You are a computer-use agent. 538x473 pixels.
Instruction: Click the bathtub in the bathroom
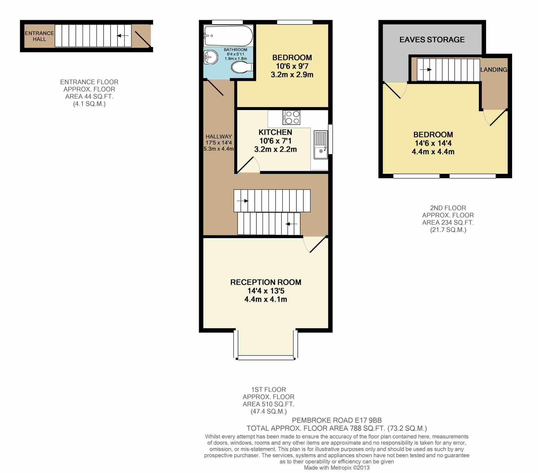click(x=228, y=36)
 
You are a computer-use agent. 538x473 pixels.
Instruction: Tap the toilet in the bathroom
click(x=242, y=67)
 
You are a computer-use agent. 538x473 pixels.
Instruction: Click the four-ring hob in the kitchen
click(x=291, y=118)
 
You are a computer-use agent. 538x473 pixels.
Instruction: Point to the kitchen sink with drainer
click(x=321, y=145)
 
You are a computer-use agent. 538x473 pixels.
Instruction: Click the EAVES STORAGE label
click(x=432, y=40)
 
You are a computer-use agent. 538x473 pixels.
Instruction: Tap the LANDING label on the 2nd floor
click(x=494, y=70)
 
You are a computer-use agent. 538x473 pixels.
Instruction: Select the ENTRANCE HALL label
click(x=40, y=36)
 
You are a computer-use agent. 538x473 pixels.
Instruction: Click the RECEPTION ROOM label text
click(x=266, y=282)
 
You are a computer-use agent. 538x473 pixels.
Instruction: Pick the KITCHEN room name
click(x=275, y=132)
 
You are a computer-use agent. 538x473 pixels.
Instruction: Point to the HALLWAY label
click(x=219, y=136)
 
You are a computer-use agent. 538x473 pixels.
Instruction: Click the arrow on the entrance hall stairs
click(x=123, y=36)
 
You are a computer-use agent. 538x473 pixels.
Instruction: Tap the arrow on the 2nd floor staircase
click(x=426, y=70)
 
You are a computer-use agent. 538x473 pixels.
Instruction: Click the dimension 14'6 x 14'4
click(x=433, y=143)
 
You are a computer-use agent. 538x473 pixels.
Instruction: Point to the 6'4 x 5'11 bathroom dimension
click(x=235, y=54)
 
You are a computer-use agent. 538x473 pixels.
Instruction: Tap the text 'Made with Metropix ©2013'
click(x=337, y=468)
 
